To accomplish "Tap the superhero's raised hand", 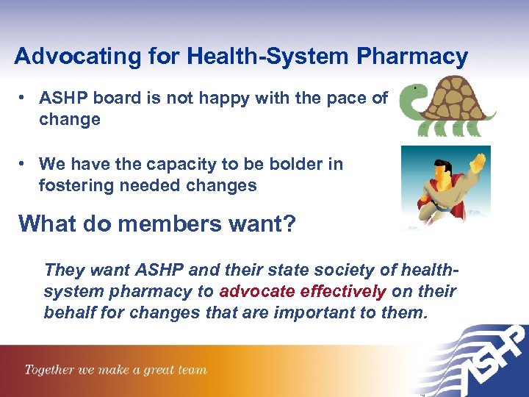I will point(478,161).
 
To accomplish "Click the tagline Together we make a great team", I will point(115,370).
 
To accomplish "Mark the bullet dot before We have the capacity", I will point(24,164).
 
